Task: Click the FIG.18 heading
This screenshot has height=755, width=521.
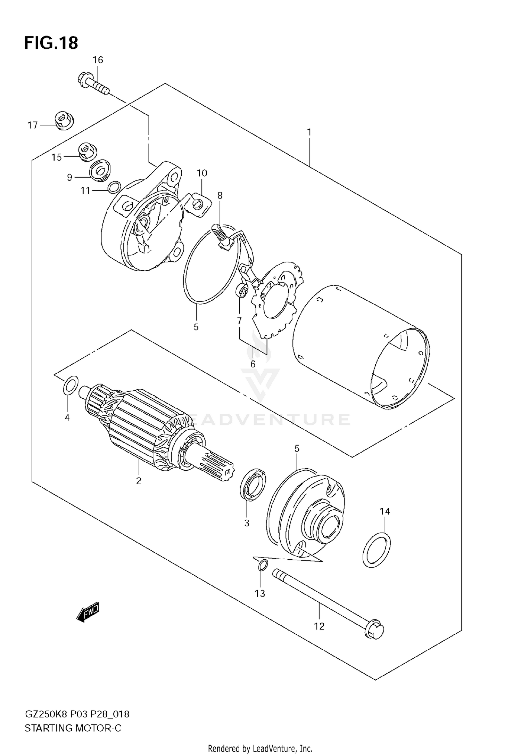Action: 51,43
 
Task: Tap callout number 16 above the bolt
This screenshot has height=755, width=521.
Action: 98,60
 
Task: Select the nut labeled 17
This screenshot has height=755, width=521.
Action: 64,121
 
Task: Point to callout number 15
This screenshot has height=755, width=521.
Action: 56,157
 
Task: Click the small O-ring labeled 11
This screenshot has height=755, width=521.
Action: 114,187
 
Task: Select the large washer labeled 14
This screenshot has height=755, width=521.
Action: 377,550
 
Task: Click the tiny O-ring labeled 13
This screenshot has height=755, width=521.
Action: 263,565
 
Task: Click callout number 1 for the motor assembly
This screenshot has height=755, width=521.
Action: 309,132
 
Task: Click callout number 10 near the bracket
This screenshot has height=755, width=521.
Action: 202,173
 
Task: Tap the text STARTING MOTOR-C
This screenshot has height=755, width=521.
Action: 73,728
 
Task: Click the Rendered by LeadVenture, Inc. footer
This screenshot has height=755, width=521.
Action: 260,748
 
